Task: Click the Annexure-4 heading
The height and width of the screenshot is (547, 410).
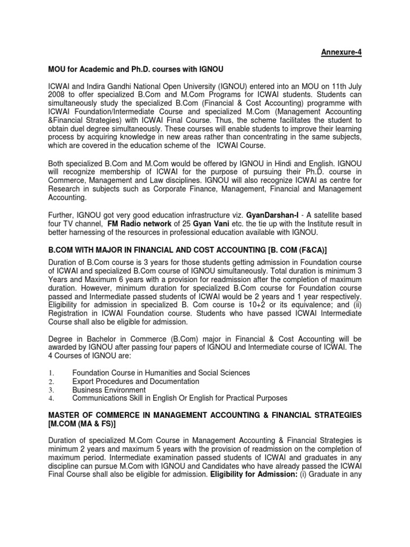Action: click(341, 52)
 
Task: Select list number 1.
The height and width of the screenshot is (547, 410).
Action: click(51, 372)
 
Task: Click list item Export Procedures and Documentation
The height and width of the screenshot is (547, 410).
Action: click(136, 381)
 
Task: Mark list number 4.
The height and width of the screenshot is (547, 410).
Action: click(51, 398)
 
